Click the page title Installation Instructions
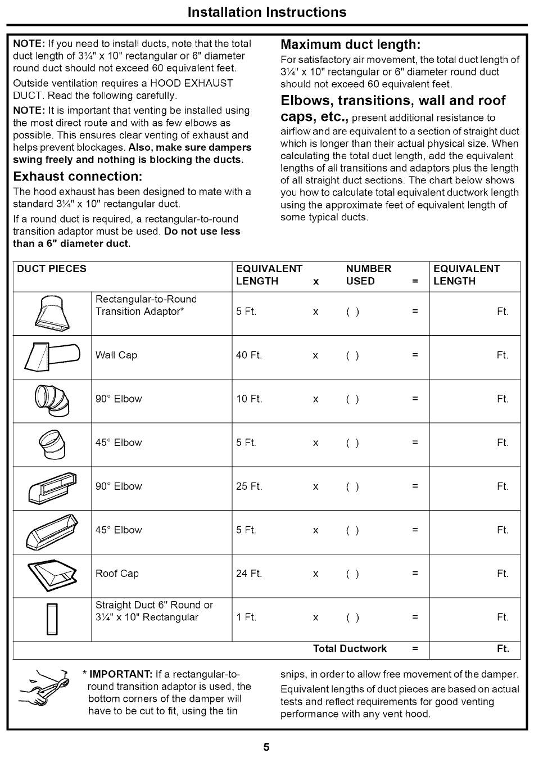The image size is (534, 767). [x=267, y=12]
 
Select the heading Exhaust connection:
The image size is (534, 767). [x=78, y=176]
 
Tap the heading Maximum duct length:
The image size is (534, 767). [x=350, y=44]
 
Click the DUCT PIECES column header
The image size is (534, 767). [x=52, y=269]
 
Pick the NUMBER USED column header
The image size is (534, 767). [x=368, y=275]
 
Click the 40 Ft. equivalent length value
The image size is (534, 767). [x=249, y=355]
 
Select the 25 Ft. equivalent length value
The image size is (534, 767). [x=249, y=486]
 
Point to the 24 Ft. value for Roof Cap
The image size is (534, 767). [x=249, y=574]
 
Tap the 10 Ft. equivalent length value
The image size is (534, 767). [x=249, y=399]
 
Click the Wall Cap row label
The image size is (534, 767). [x=116, y=355]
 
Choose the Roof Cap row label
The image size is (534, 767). [x=117, y=574]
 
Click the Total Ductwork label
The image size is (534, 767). [x=350, y=648]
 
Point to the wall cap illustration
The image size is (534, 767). [x=52, y=357]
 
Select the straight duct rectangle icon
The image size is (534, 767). [x=52, y=619]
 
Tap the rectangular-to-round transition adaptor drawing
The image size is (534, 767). [x=52, y=313]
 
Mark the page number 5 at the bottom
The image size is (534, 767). [x=266, y=747]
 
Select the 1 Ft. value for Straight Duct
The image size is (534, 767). [x=246, y=617]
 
